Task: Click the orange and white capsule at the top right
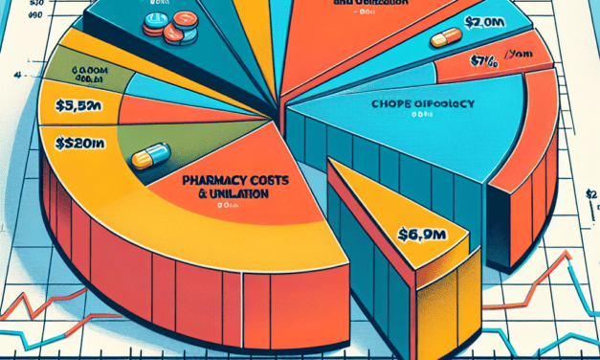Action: tap(446, 38)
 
